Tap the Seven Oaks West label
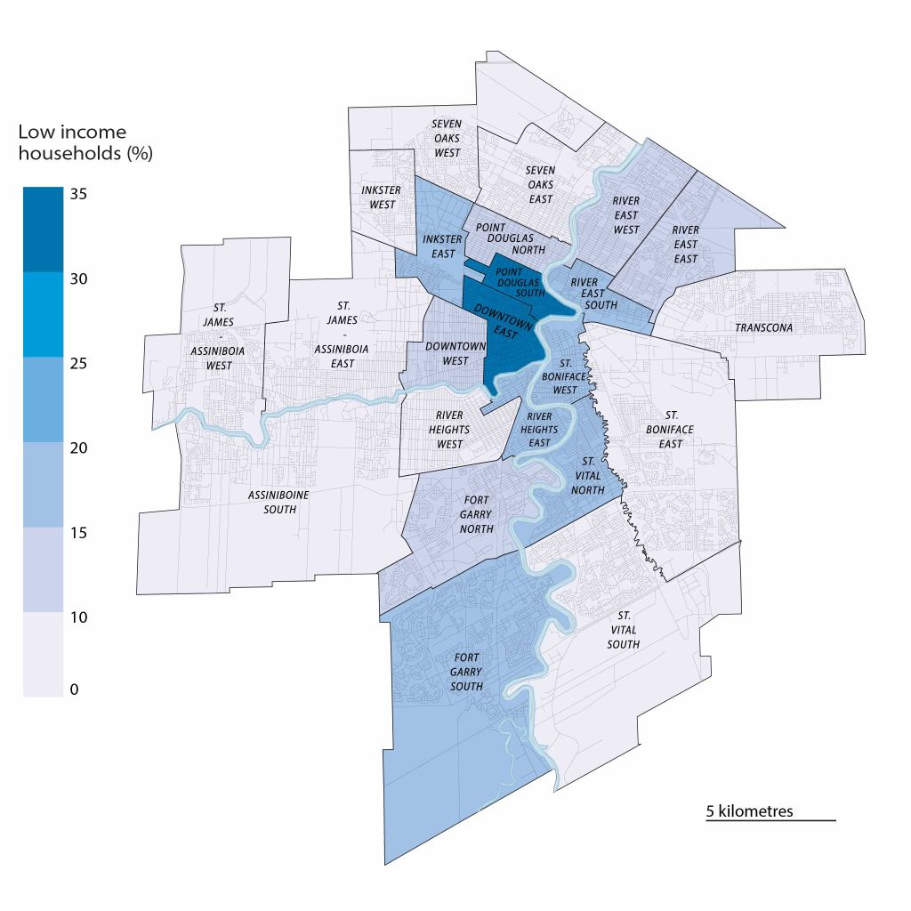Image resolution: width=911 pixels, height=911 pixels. coord(447,138)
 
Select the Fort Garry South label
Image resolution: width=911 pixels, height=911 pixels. coord(466,672)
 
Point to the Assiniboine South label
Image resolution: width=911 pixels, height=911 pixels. coord(272,502)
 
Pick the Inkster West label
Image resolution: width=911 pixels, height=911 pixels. coord(381,197)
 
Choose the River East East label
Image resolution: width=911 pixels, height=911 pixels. coord(685,243)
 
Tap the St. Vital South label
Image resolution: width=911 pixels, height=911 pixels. coord(624,630)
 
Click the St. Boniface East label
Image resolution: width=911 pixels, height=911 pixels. coord(671,429)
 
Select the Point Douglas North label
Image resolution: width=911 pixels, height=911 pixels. coord(510,238)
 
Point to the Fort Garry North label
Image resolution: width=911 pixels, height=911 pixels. coord(478,514)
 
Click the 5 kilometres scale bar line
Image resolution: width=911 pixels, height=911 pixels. coord(770,820)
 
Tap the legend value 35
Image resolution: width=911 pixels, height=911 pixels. coord(79,194)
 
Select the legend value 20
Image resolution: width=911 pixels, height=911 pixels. coord(79,448)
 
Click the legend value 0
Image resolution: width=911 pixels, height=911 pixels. coord(75,689)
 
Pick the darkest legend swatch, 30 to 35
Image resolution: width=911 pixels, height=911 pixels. coord(43,229)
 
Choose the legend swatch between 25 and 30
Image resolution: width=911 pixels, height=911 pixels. coord(43,313)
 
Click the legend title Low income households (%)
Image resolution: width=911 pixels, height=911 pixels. coord(85,142)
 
